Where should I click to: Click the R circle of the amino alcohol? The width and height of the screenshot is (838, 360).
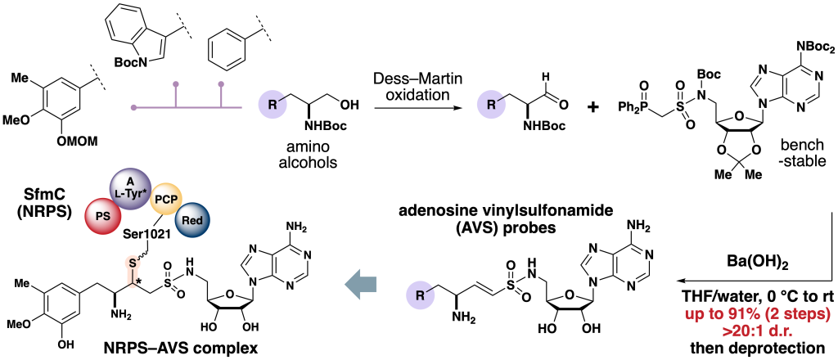click(271, 105)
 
